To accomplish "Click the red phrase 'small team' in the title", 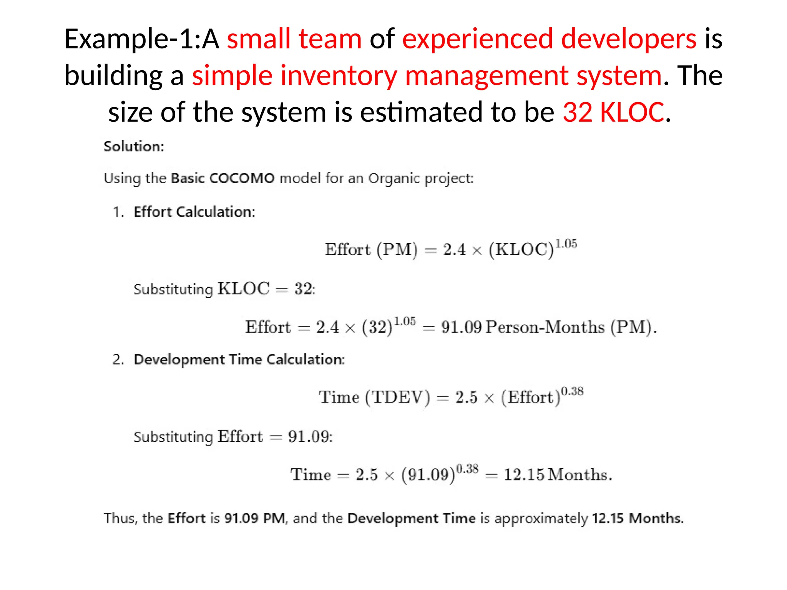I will click(294, 39).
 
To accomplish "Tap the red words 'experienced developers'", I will click(549, 39).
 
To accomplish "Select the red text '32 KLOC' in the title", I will click(613, 112).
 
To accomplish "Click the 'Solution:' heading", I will click(134, 146).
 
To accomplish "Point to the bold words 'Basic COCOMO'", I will click(223, 178).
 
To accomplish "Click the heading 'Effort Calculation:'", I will click(194, 212).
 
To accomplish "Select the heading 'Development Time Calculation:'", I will click(239, 360).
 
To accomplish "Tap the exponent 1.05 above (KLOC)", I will click(566, 244).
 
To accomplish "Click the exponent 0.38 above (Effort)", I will click(572, 391).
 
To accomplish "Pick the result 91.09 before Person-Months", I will click(461, 327).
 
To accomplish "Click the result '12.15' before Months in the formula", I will click(524, 475).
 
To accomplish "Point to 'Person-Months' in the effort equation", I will click(545, 327).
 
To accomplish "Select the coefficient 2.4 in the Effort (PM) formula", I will click(454, 250).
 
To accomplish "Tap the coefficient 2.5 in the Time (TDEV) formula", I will click(466, 397).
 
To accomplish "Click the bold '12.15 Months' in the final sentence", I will click(637, 519).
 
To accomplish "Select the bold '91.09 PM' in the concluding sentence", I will click(254, 519).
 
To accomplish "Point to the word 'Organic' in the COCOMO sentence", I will click(394, 178).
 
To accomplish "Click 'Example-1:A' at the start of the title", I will click(141, 39).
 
